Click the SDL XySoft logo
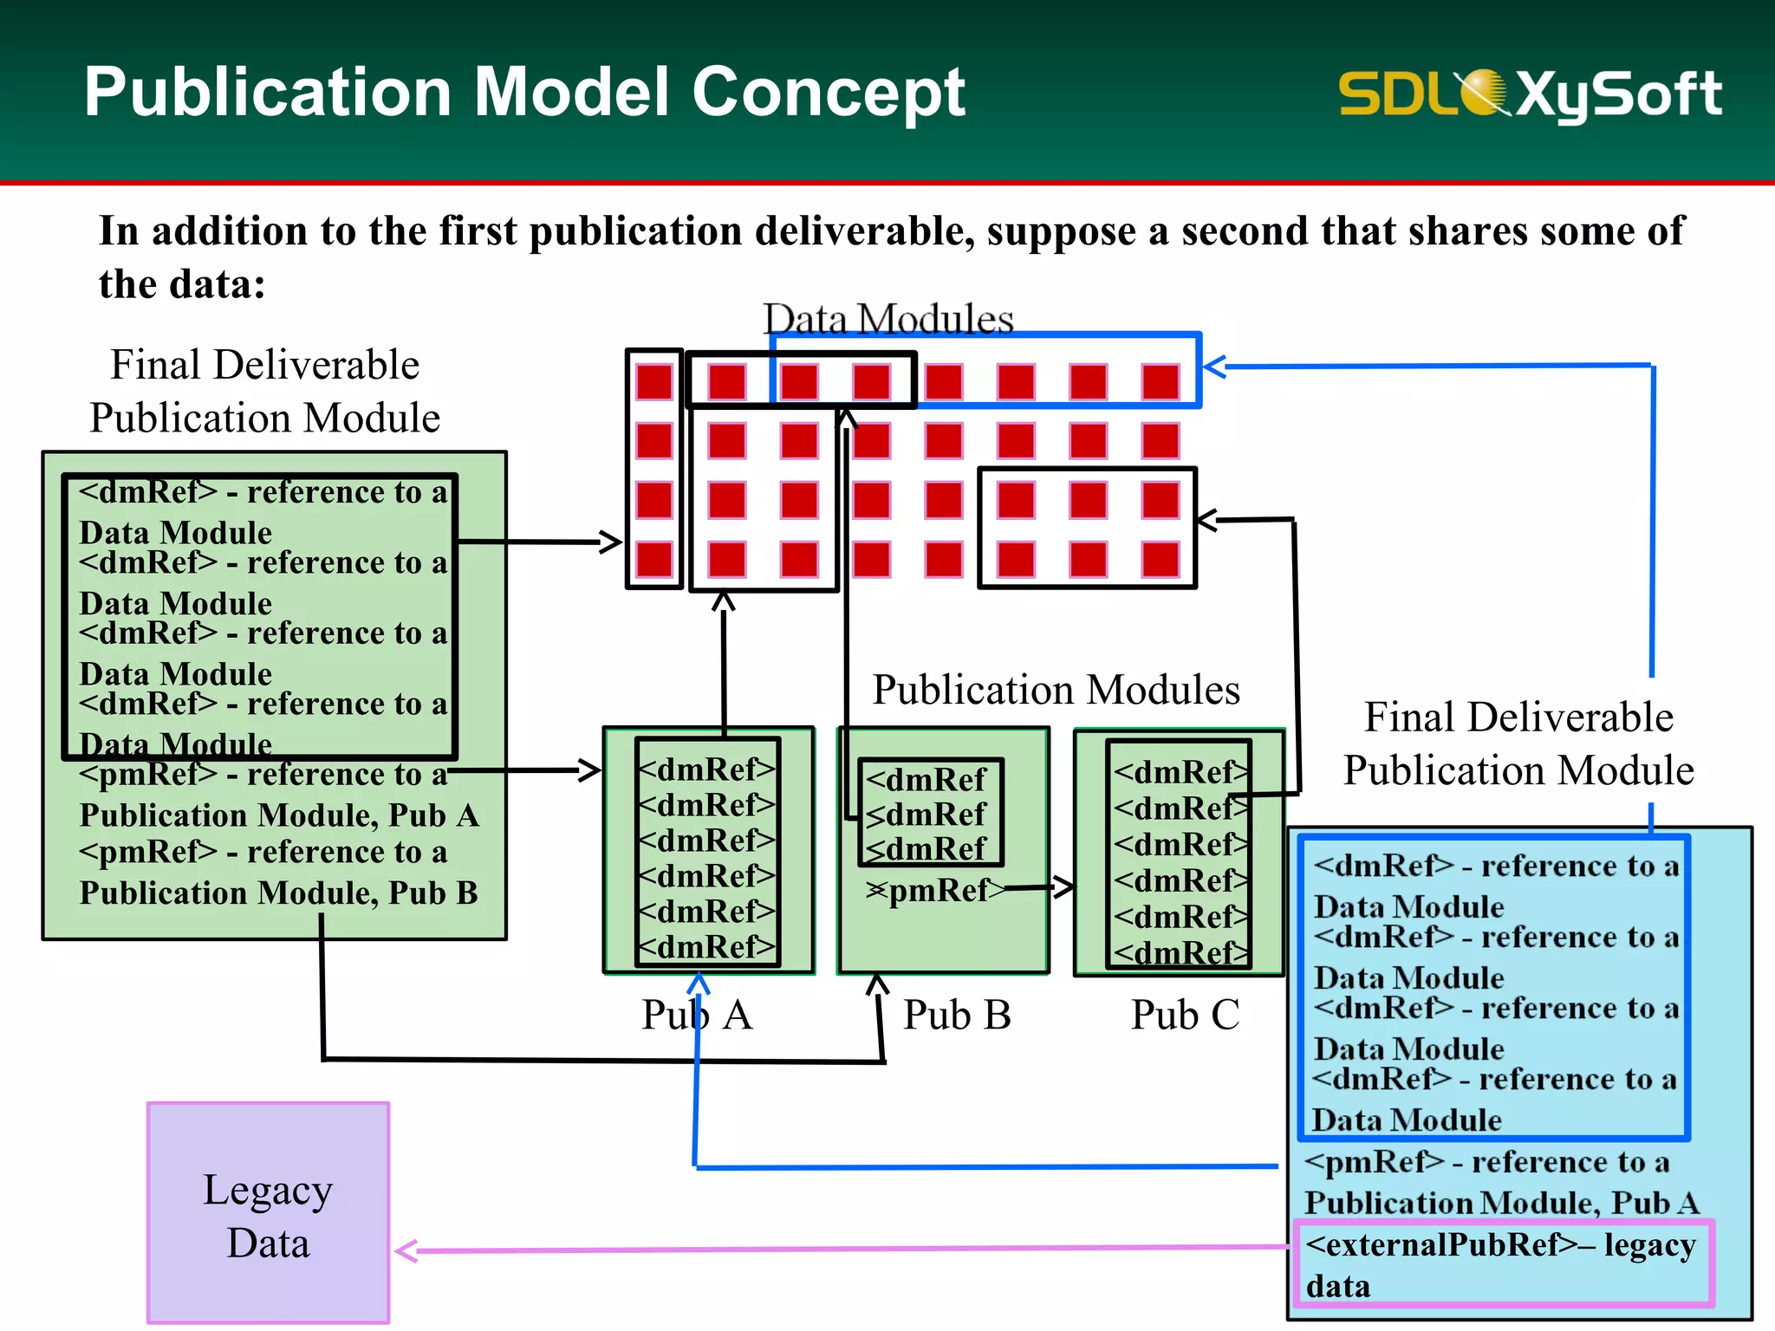tap(1530, 94)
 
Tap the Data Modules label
tap(887, 319)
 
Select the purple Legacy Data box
tap(268, 1212)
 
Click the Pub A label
tap(697, 1015)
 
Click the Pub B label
tap(957, 1015)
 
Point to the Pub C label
tap(1185, 1015)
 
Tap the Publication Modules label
tap(1056, 690)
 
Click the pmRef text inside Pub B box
tap(936, 890)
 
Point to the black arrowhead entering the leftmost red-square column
tap(612, 542)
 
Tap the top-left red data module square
tap(653, 382)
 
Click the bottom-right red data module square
tap(1160, 559)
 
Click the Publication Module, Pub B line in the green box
tap(278, 893)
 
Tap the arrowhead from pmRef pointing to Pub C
tap(1064, 886)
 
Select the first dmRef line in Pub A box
tap(706, 769)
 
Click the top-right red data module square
tap(1160, 382)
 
